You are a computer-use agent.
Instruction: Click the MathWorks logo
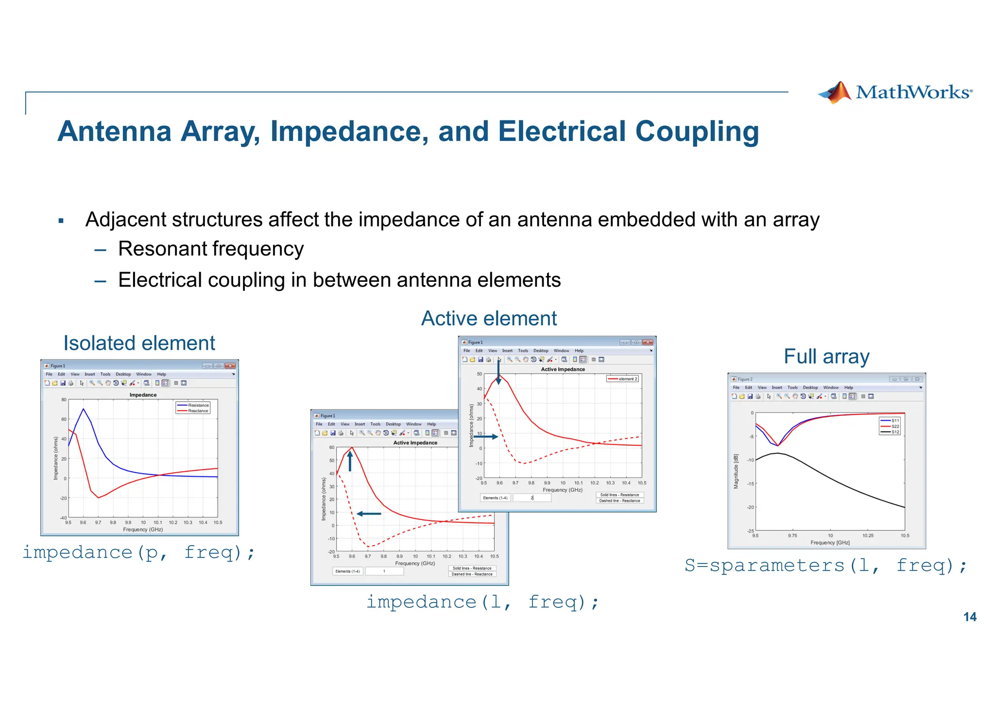(895, 92)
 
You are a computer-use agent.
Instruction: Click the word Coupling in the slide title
(697, 132)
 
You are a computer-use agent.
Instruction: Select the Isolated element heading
(139, 343)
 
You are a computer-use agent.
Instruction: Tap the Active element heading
(489, 319)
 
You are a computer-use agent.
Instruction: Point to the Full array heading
(826, 357)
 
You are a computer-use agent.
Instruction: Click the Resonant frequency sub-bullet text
(211, 249)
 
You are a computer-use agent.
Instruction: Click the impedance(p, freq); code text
(138, 552)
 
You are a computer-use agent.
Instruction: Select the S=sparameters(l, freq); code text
(826, 566)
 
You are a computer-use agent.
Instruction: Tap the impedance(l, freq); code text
(482, 602)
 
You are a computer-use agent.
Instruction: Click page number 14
(970, 617)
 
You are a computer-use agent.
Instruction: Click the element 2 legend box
(622, 379)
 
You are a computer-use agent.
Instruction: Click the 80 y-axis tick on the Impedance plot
(64, 400)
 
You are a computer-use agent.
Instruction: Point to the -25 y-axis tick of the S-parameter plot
(751, 531)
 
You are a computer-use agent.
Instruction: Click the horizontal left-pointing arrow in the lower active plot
(369, 514)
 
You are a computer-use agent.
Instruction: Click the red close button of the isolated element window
(230, 366)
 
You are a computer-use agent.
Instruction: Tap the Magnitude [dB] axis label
(736, 471)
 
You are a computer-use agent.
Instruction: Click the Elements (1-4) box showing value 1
(384, 571)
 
